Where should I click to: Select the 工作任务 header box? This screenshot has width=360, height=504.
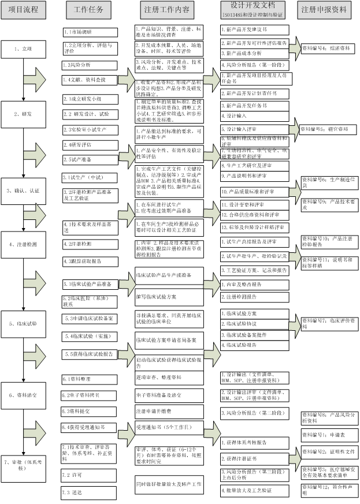pos(89,10)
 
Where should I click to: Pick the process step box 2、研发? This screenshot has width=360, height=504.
pos(23,114)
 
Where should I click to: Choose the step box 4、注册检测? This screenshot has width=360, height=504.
pos(23,244)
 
